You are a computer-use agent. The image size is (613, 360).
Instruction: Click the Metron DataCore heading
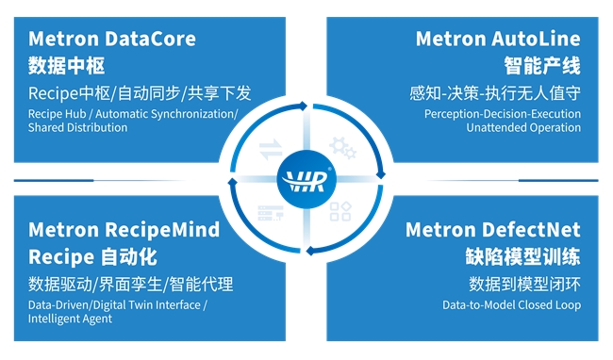point(112,39)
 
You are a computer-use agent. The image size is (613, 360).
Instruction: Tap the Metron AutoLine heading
point(498,39)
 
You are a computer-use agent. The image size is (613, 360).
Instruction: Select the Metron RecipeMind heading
point(124,230)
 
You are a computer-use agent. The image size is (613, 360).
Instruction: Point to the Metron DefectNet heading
point(493,230)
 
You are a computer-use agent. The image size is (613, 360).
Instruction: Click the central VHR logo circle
point(306,179)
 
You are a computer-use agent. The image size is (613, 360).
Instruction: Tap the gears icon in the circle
point(343,148)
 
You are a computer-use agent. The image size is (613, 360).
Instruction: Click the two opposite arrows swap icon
point(271,149)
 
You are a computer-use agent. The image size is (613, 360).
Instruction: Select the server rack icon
point(271,213)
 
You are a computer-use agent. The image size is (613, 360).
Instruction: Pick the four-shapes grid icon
point(340,212)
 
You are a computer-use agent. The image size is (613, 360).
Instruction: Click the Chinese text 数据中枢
point(66,66)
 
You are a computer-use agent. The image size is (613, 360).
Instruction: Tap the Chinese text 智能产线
point(542,66)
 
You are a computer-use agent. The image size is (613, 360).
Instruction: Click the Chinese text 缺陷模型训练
point(523,257)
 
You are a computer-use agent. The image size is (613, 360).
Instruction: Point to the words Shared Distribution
point(77,127)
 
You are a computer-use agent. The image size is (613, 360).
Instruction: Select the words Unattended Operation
point(523,127)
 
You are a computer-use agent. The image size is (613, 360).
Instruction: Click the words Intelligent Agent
point(70,319)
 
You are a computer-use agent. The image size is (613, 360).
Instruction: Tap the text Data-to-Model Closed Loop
point(512,305)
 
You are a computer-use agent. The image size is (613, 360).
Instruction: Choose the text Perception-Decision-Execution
point(503,114)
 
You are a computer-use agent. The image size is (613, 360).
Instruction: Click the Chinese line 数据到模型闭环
point(525,285)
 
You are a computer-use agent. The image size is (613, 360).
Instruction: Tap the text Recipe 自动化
point(92,257)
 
